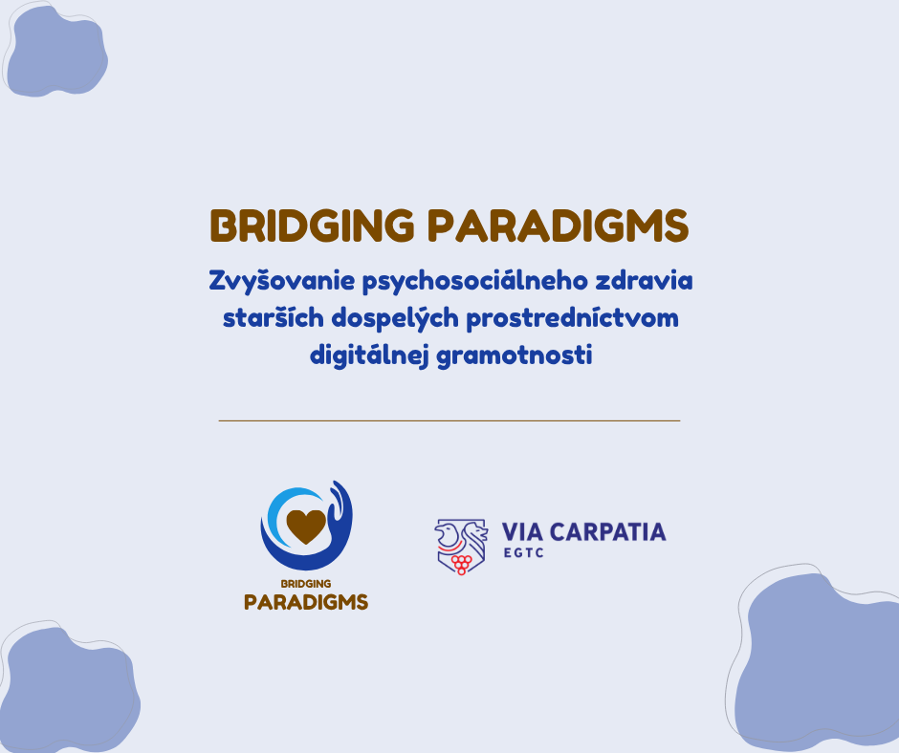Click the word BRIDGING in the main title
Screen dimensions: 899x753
coord(312,226)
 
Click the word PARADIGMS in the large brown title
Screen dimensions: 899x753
coord(559,226)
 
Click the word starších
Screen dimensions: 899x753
coord(273,317)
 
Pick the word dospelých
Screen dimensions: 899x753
coord(395,318)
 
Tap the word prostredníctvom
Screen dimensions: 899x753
coord(572,318)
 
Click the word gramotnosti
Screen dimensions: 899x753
coord(515,355)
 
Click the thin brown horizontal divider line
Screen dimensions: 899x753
coord(449,420)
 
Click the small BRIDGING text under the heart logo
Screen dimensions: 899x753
coord(306,583)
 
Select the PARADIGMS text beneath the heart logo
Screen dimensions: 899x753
coord(306,602)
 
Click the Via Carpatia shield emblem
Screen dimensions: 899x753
coord(461,547)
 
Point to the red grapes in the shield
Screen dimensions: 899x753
coord(461,564)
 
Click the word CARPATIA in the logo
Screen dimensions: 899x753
coord(607,532)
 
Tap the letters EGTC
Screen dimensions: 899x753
coord(523,553)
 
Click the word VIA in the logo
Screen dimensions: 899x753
coord(522,532)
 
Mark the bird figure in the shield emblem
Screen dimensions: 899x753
coord(447,533)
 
